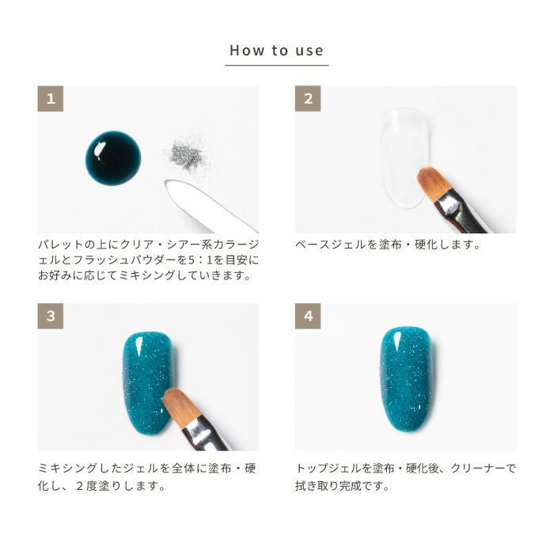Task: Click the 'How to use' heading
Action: click(277, 51)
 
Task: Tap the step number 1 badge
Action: click(51, 99)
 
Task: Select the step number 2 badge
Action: click(308, 99)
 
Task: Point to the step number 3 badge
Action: click(51, 316)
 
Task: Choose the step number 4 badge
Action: click(308, 316)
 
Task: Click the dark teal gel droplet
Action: click(113, 157)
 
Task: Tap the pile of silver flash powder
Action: click(186, 154)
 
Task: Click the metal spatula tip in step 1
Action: click(169, 184)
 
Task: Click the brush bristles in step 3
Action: click(180, 405)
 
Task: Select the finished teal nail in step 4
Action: click(406, 379)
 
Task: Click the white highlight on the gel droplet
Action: click(99, 149)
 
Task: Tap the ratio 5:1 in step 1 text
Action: click(200, 260)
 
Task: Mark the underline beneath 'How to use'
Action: click(277, 66)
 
